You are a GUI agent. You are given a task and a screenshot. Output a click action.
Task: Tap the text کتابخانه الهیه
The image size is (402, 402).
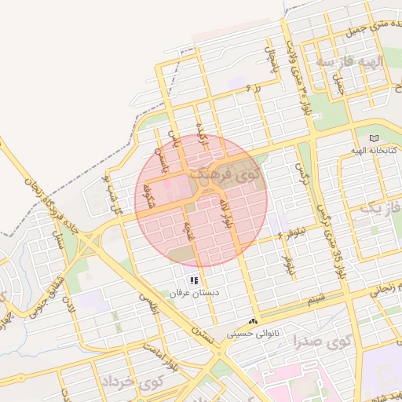coord(374,149)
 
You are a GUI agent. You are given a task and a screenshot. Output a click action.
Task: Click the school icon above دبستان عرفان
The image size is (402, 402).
coord(193,280)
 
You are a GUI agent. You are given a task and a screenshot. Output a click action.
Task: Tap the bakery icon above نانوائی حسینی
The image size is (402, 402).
coord(253,321)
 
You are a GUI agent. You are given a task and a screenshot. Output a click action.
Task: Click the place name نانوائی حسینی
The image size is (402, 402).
coord(253,333)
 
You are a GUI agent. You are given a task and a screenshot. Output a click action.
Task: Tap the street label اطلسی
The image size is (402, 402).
coord(149,303)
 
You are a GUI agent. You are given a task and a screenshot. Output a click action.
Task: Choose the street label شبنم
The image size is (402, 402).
coord(316,300)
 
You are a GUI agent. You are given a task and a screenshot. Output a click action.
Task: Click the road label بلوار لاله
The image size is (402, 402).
coord(226,214)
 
